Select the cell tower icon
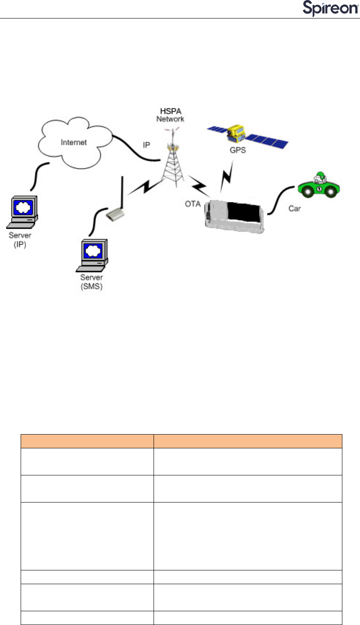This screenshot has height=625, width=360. pyautogui.click(x=175, y=159)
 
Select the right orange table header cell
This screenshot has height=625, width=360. pyautogui.click(x=248, y=441)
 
